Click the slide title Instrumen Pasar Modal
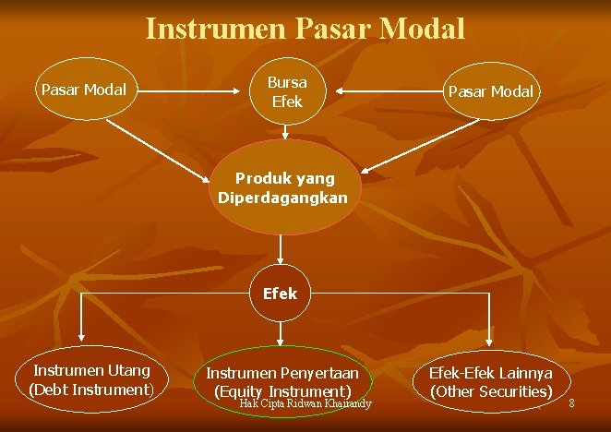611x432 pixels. tap(305, 30)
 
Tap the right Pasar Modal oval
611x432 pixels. tap(490, 91)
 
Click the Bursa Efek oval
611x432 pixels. tap(287, 90)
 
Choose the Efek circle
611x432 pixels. tap(280, 294)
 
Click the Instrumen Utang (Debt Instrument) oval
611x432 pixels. tap(91, 380)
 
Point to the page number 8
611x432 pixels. tap(571, 403)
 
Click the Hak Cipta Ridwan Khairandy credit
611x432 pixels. tap(305, 403)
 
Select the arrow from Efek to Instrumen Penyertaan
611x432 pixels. tap(280, 331)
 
